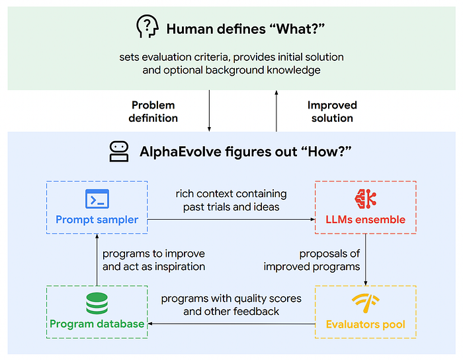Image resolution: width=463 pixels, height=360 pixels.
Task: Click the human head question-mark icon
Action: click(x=147, y=27)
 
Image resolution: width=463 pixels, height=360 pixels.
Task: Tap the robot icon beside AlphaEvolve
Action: click(x=119, y=152)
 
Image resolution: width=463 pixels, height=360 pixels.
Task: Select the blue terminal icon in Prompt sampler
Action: click(x=97, y=199)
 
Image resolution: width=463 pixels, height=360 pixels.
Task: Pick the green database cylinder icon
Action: click(x=97, y=303)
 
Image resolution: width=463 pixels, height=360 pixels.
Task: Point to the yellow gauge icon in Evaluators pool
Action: click(x=365, y=303)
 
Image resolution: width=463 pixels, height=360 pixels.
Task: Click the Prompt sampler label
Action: click(x=97, y=219)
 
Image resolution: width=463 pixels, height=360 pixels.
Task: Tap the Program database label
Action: click(x=97, y=324)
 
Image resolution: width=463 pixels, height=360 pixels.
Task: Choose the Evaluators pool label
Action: click(x=366, y=324)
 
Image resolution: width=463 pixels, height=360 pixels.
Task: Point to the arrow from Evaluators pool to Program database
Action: click(x=232, y=324)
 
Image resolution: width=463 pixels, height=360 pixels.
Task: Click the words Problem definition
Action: click(x=154, y=111)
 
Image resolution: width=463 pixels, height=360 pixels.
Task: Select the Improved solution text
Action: click(x=332, y=111)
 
